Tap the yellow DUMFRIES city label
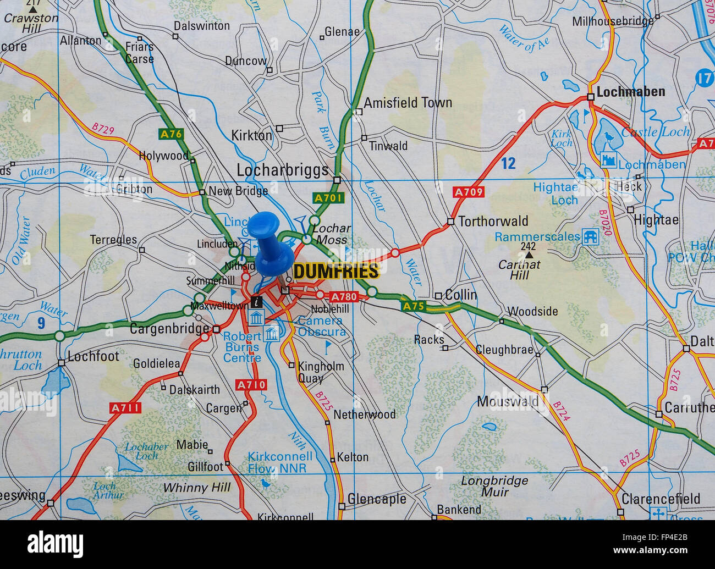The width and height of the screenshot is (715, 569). pyautogui.click(x=336, y=271)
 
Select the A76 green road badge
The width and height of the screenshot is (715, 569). pyautogui.click(x=170, y=133)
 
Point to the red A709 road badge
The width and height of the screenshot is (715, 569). pyautogui.click(x=469, y=192)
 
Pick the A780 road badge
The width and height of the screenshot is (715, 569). pyautogui.click(x=344, y=297)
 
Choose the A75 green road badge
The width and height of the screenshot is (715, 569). pyautogui.click(x=413, y=306)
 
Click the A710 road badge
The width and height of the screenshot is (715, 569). pyautogui.click(x=250, y=385)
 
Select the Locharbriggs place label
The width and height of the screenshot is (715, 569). pyautogui.click(x=282, y=170)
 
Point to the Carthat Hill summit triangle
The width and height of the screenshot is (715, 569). pyautogui.click(x=529, y=255)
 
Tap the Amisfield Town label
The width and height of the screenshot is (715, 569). pyautogui.click(x=408, y=102)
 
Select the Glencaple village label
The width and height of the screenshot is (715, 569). pyautogui.click(x=377, y=499)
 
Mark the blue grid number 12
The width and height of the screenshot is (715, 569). pyautogui.click(x=509, y=163)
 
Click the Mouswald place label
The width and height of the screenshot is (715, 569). pyautogui.click(x=507, y=402)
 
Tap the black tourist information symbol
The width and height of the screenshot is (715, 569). pyautogui.click(x=256, y=301)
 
